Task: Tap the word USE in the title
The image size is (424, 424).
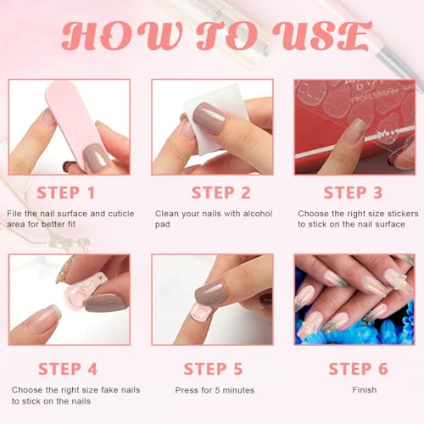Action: pyautogui.click(x=322, y=36)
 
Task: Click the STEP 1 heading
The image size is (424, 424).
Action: pyautogui.click(x=65, y=192)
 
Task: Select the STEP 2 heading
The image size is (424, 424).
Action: pyautogui.click(x=221, y=192)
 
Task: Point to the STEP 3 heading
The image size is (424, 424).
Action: pyautogui.click(x=353, y=192)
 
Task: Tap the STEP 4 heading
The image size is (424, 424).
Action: pyautogui.click(x=68, y=369)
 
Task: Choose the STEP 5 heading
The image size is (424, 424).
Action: pyautogui.click(x=214, y=369)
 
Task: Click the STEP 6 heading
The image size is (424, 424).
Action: pyautogui.click(x=359, y=369)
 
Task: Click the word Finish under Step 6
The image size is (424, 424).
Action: pyautogui.click(x=365, y=390)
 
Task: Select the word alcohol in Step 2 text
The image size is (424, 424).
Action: pyautogui.click(x=258, y=214)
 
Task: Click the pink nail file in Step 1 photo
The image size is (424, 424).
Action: pyautogui.click(x=75, y=125)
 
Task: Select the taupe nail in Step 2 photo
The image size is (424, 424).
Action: pyautogui.click(x=209, y=118)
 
